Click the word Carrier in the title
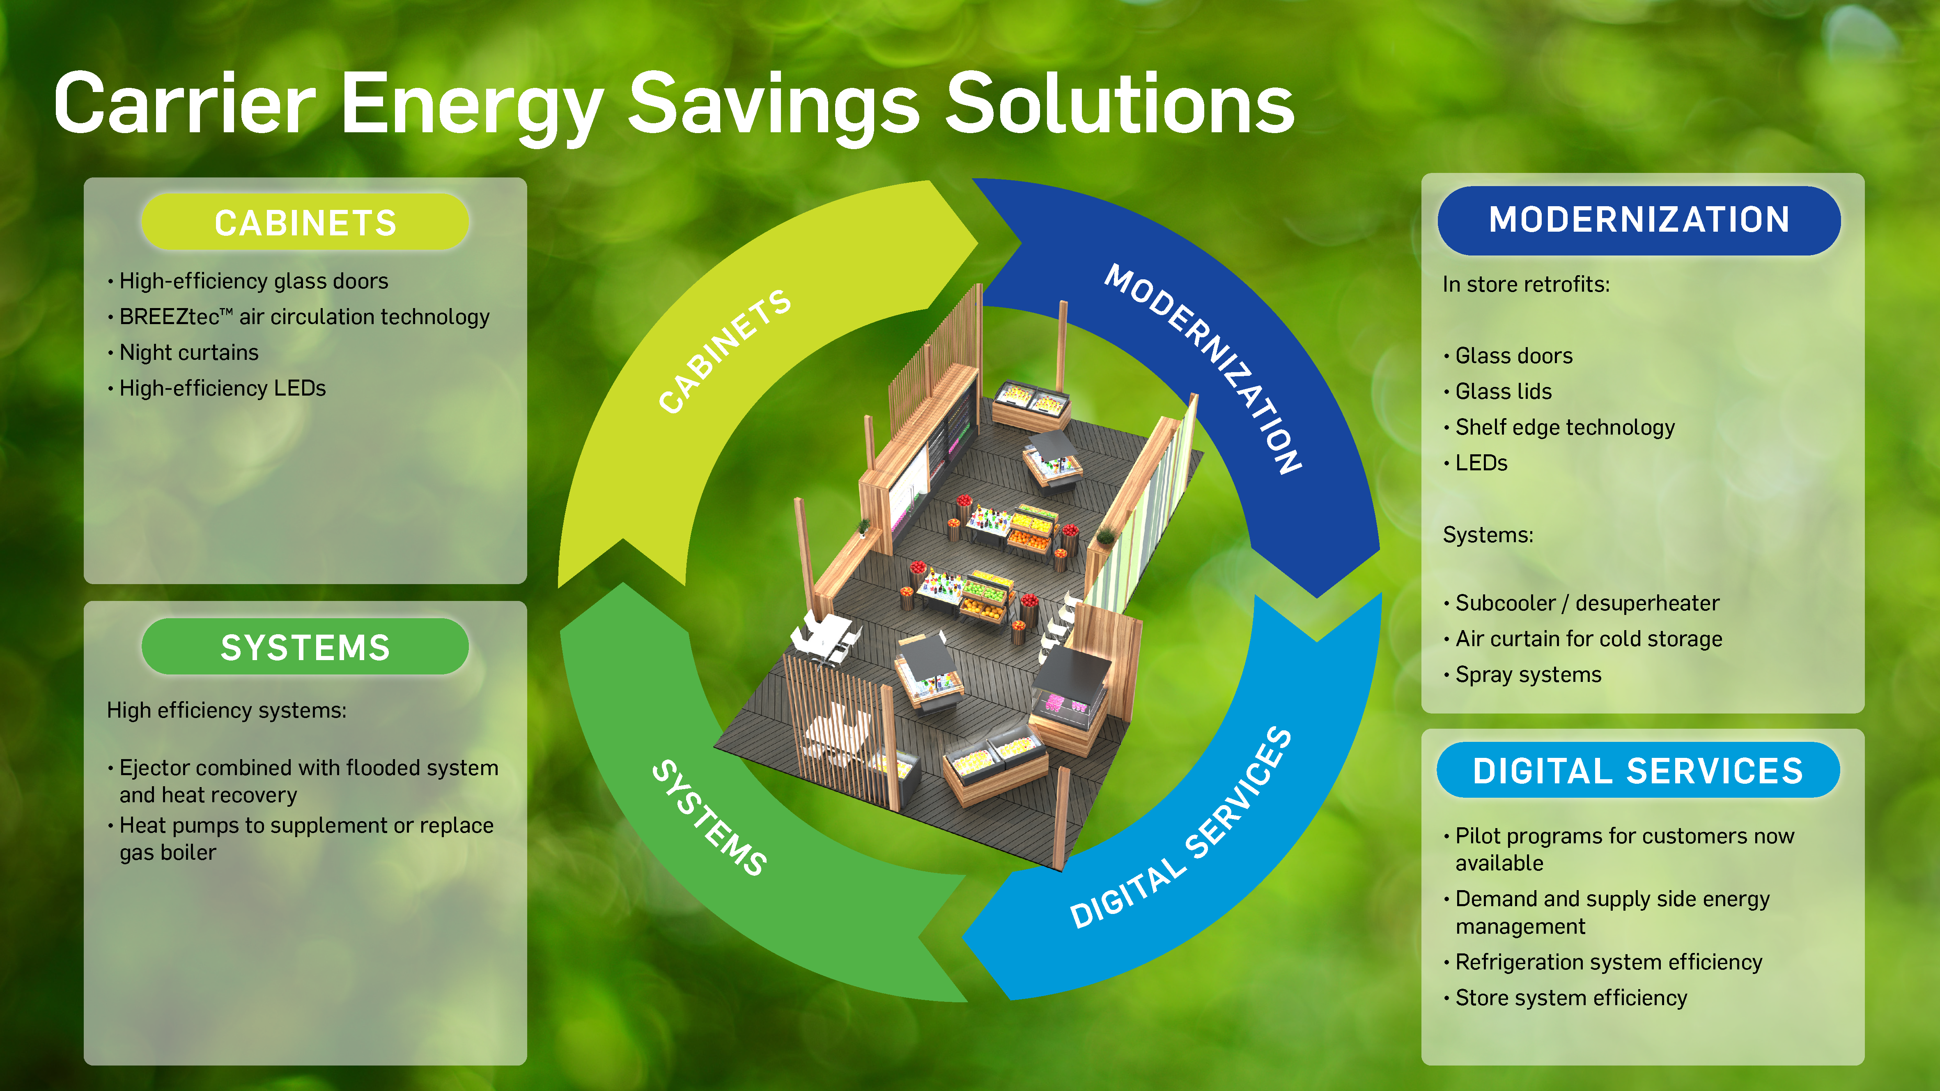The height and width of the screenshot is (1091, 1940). click(184, 104)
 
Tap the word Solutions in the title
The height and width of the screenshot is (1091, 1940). click(1120, 104)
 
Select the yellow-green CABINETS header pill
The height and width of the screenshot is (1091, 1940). click(305, 222)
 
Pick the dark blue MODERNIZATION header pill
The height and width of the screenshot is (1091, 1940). click(1639, 220)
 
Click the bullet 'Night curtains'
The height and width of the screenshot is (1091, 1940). click(188, 352)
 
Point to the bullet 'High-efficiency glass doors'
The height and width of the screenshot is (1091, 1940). click(254, 281)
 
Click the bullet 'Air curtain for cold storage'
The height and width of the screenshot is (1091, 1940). click(1588, 639)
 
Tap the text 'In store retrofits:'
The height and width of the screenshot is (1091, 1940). click(1526, 285)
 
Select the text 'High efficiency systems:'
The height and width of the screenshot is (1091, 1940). click(227, 711)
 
